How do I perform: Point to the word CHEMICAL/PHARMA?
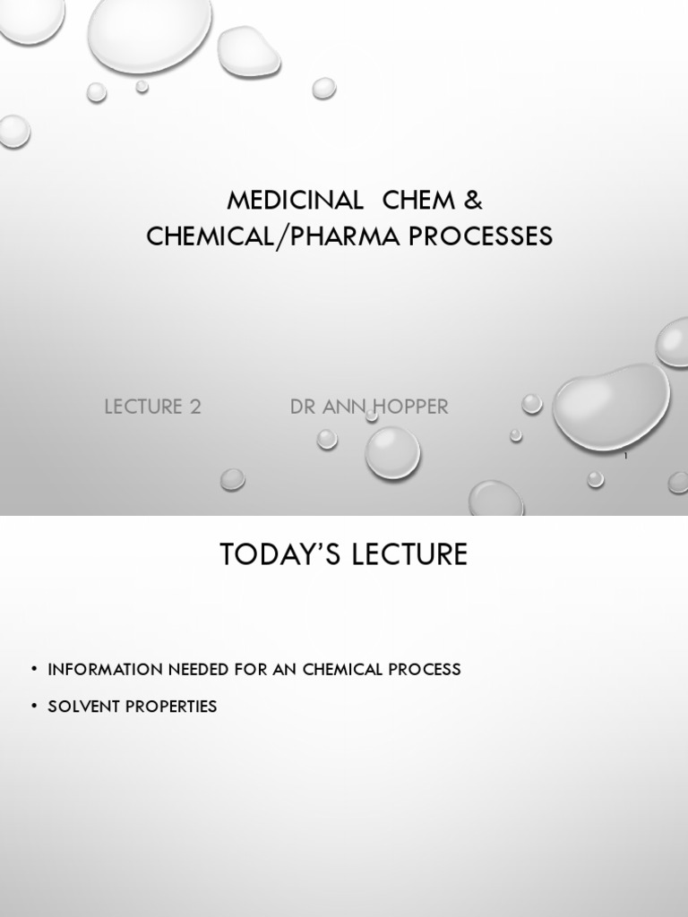[x=271, y=236]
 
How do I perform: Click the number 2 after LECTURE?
[x=195, y=407]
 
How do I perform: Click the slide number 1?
[x=625, y=458]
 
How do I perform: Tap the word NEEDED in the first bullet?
[x=201, y=669]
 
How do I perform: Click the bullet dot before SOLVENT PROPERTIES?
[x=34, y=706]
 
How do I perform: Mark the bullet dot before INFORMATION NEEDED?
[x=34, y=669]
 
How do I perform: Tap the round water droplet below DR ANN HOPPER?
[x=392, y=451]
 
